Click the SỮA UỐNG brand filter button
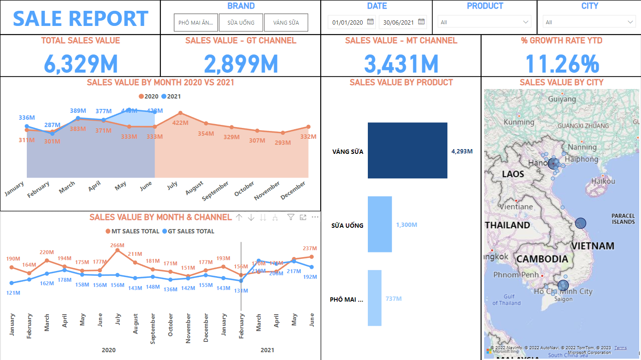[241, 22]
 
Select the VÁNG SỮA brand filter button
[286, 22]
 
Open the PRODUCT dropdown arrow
[526, 22]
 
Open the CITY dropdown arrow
[630, 22]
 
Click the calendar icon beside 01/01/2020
[370, 22]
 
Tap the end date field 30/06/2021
[398, 22]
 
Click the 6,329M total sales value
[81, 64]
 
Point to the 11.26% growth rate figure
[562, 64]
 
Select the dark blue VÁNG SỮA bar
[407, 150]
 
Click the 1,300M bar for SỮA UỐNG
[379, 224]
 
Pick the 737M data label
[393, 299]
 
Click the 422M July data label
[180, 123]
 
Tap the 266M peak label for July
[117, 245]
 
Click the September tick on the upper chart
[216, 191]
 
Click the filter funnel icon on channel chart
[291, 217]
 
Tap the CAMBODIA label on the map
[542, 259]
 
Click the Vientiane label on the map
[516, 207]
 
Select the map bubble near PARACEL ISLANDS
[580, 223]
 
